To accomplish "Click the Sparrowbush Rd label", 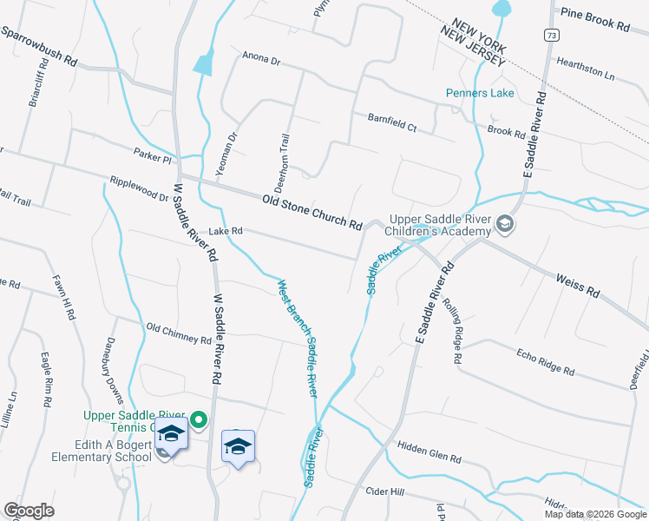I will pos(40,47).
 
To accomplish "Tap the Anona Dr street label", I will pos(261,61).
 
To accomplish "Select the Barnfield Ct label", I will pos(391,122).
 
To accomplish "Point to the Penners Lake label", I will pos(480,93).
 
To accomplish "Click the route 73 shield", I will pos(552,35).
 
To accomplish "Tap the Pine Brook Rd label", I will pos(594,19).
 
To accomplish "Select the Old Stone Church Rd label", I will pos(311,212).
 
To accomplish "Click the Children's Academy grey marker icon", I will pos(503,226).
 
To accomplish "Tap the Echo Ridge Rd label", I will pos(545,363).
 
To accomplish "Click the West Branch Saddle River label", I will pos(297,338).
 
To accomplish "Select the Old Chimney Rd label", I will pos(179,333).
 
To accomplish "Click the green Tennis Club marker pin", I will pos(199,421).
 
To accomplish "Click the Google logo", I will pos(29,511).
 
